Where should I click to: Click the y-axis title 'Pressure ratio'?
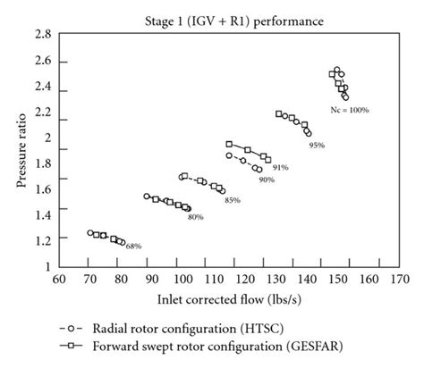click(19, 150)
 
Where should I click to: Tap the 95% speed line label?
click(316, 144)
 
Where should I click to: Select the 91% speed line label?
click(280, 167)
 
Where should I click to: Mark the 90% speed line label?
click(267, 180)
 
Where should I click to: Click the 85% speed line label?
click(232, 199)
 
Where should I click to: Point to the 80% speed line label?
click(195, 216)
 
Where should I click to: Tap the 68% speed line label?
click(133, 246)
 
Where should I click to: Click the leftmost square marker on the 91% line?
click(229, 144)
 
